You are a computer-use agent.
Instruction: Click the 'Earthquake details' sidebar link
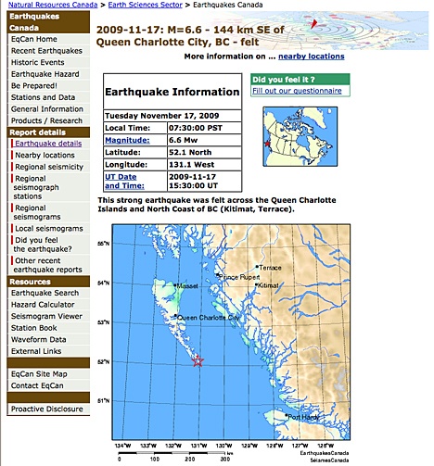click(x=48, y=144)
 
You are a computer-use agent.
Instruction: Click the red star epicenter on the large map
click(x=198, y=361)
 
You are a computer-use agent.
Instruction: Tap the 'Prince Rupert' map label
click(x=239, y=276)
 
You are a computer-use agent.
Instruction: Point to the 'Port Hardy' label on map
click(x=306, y=418)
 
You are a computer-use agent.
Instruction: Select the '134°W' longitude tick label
click(x=121, y=444)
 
